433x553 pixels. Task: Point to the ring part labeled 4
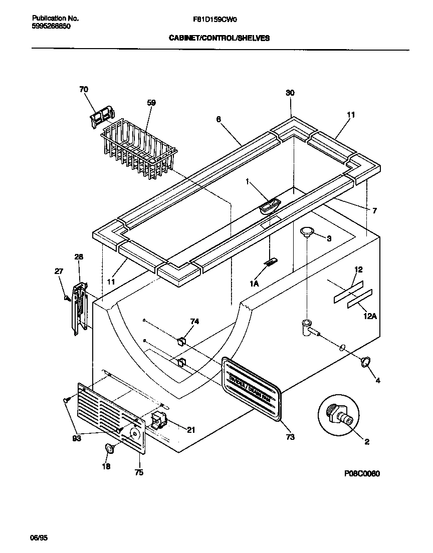(x=366, y=361)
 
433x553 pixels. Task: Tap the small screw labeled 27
(x=67, y=299)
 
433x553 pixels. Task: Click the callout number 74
(x=194, y=322)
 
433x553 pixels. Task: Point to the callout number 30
(x=290, y=93)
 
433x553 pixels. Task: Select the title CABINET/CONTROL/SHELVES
(x=219, y=38)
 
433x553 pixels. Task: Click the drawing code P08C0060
(x=362, y=474)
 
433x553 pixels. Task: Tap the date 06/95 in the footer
(x=39, y=538)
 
